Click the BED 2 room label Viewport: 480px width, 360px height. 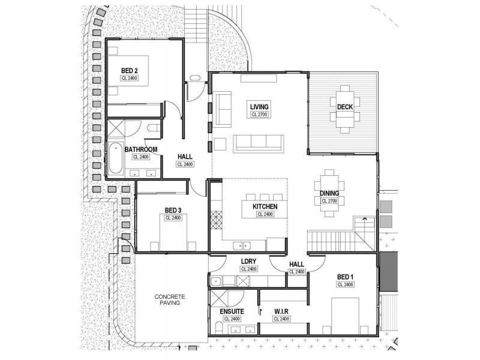pyautogui.click(x=129, y=71)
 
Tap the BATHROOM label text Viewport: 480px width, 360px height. pyautogui.click(x=141, y=149)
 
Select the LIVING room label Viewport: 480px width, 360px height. pyautogui.click(x=259, y=107)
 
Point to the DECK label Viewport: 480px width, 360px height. pyautogui.click(x=344, y=106)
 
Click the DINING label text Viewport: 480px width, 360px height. pyautogui.click(x=329, y=193)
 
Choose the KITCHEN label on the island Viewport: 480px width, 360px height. pyautogui.click(x=264, y=206)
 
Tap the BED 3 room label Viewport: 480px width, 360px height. pyautogui.click(x=173, y=210)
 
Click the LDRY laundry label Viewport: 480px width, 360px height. pyautogui.click(x=249, y=261)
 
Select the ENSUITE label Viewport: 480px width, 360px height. pyautogui.click(x=232, y=311)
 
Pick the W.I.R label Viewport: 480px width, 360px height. pyautogui.click(x=281, y=311)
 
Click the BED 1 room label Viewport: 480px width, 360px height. pyautogui.click(x=345, y=276)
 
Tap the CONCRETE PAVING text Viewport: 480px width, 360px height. pyautogui.click(x=170, y=300)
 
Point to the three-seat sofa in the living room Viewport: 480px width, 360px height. pyautogui.click(x=258, y=142)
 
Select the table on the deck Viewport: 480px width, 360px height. pyautogui.click(x=344, y=109)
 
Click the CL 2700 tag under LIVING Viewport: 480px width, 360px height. pyautogui.click(x=259, y=114)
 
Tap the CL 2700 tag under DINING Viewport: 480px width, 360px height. pyautogui.click(x=329, y=201)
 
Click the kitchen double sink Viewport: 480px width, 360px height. pyautogui.click(x=242, y=245)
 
